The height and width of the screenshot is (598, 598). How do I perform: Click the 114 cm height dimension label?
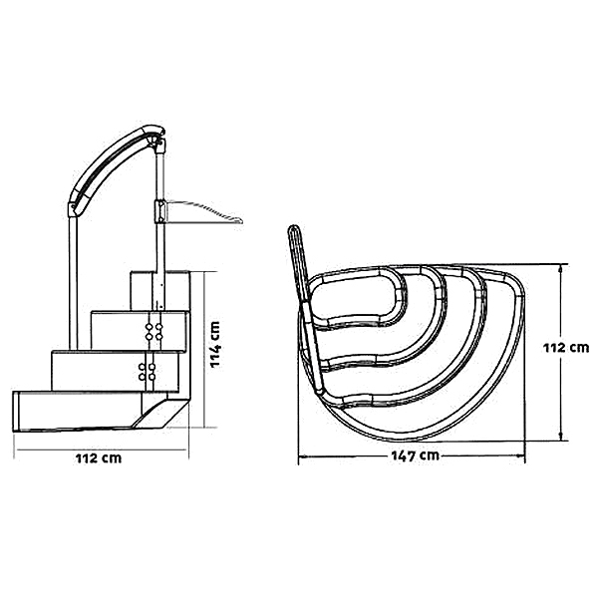coord(215,345)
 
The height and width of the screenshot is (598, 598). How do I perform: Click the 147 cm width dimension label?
coord(415,455)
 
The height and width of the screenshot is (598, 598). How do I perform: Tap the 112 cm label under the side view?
coord(99,458)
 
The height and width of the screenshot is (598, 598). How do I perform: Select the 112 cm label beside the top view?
coord(566,348)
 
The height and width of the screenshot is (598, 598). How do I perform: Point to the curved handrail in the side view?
coord(111,164)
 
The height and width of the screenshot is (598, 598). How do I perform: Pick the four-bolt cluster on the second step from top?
coord(153,332)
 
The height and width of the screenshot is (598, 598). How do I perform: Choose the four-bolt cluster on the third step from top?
coord(147,372)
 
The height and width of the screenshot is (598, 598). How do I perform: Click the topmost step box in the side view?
coord(159,291)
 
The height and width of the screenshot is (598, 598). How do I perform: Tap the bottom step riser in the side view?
coord(78,411)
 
